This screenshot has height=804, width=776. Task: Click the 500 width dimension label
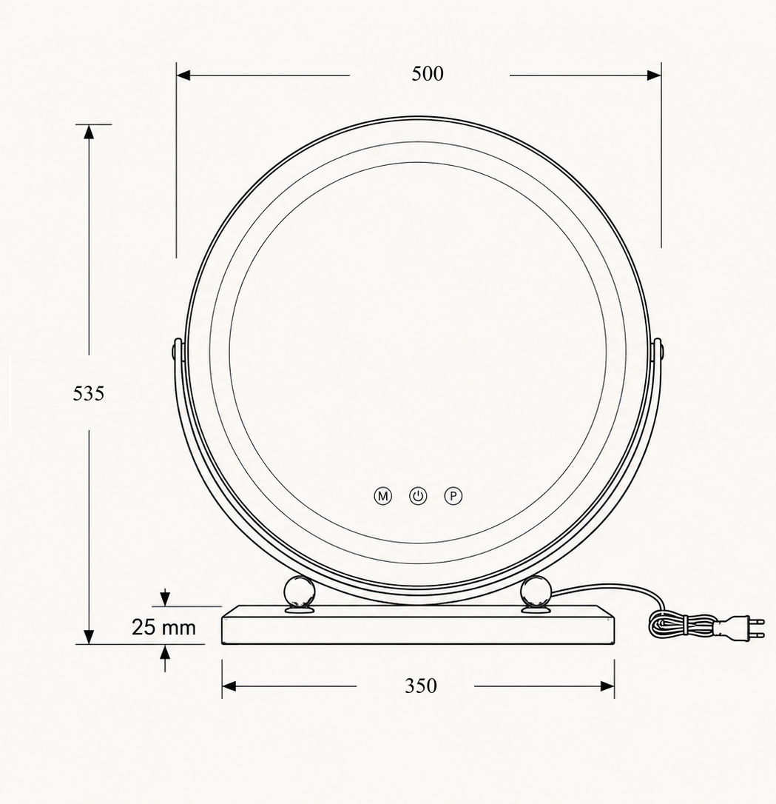click(x=427, y=74)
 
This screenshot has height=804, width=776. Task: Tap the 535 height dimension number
click(x=88, y=393)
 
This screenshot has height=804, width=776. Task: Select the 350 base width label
click(x=420, y=686)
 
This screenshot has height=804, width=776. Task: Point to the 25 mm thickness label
click(x=163, y=627)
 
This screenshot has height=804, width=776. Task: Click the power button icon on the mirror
click(x=418, y=496)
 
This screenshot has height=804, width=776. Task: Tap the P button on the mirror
click(x=453, y=496)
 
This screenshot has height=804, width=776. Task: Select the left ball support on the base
click(x=300, y=594)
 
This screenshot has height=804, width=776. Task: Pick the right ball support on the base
click(x=536, y=594)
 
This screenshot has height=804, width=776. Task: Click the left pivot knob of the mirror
click(x=176, y=352)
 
